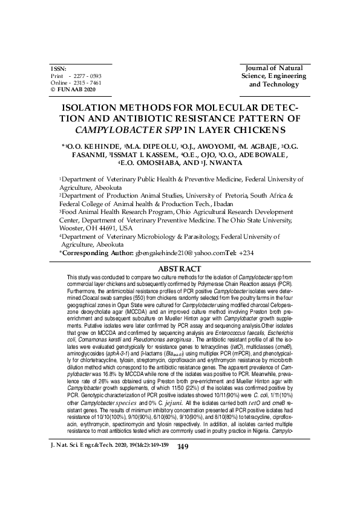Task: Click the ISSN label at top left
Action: click(x=58, y=69)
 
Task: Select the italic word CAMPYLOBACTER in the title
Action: click(x=113, y=129)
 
